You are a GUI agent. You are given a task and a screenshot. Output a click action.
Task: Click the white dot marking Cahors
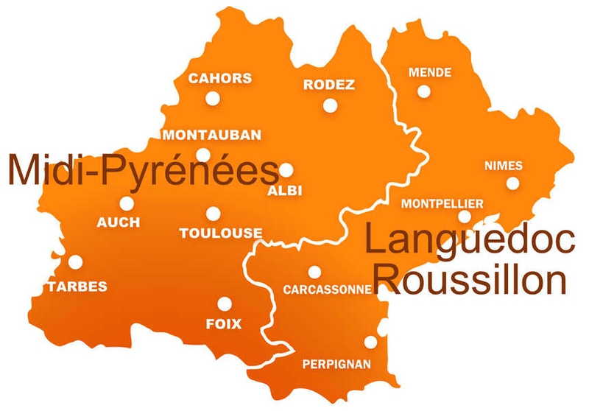coord(213,98)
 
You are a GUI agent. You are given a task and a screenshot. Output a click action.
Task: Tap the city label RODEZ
coord(329,85)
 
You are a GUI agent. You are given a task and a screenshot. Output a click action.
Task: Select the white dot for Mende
coord(423,91)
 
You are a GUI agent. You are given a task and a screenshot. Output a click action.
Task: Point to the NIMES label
coord(504,165)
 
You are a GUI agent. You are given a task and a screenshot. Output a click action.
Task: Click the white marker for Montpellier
coord(464,217)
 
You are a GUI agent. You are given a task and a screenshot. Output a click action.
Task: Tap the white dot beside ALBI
coord(286,170)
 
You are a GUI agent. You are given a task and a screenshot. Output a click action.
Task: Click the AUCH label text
coord(119,222)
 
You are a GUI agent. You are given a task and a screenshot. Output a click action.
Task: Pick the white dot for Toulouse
coord(213,214)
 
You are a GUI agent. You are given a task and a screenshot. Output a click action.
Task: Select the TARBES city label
coord(77,287)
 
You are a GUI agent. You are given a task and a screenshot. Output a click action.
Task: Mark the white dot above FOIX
coord(224,303)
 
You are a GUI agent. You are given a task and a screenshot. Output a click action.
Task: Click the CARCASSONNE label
coord(328,289)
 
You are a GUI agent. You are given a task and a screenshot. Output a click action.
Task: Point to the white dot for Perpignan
coord(370,342)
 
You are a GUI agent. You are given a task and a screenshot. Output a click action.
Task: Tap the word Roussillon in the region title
coord(470,281)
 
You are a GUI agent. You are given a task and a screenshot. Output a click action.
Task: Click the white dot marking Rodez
coord(330,105)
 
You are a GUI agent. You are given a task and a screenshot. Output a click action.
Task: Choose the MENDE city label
coord(429,72)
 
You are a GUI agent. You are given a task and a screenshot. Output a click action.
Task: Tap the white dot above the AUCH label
coord(127,203)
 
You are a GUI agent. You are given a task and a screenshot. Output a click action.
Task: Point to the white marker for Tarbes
coord(74,261)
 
